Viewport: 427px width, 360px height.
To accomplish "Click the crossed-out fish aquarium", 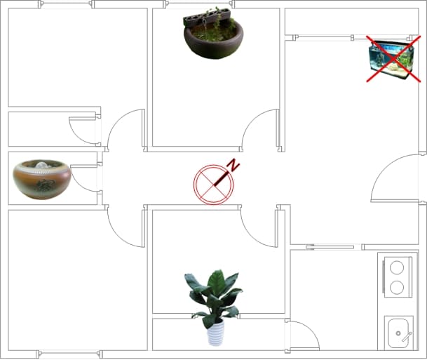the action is click(391, 60).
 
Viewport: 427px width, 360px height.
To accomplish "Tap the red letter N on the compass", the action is click(233, 165).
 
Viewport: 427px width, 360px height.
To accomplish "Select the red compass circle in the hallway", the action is click(213, 185).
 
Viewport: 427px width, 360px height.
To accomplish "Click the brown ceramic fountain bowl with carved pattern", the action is click(42, 180).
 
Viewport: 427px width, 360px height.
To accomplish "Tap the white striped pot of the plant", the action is click(216, 333).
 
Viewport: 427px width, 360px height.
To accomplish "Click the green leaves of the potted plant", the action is click(213, 296).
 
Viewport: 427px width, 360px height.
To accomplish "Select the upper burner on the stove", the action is click(397, 267).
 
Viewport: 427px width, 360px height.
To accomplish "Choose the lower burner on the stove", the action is click(397, 287).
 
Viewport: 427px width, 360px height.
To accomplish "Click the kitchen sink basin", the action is click(398, 333).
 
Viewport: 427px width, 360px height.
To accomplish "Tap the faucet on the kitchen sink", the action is click(407, 337).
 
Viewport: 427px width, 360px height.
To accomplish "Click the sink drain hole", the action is click(398, 333).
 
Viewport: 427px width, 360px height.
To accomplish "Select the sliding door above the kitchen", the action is click(330, 248).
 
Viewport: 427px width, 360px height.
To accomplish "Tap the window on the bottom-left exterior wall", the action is click(69, 354).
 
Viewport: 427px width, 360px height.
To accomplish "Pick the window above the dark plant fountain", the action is click(199, 4).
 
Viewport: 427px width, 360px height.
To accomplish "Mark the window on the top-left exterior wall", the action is click(67, 4).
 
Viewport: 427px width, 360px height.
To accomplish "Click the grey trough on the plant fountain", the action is click(207, 17).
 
